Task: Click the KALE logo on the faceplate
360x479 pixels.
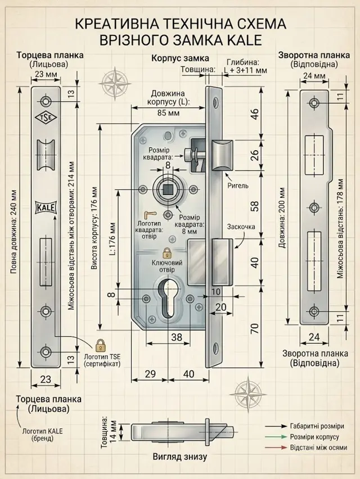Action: click(46, 208)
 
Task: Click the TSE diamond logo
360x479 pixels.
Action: click(46, 118)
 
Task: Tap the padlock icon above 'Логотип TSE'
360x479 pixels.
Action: click(100, 345)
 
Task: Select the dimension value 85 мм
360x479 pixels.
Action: click(168, 113)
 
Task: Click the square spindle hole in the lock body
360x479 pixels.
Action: click(168, 190)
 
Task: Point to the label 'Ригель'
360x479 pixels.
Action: click(238, 185)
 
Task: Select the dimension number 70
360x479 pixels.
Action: click(255, 328)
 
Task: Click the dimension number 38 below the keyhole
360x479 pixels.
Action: click(177, 337)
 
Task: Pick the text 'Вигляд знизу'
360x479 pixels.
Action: click(180, 457)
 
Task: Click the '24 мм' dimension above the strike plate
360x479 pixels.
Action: click(314, 75)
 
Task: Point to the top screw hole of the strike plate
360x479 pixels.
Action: click(314, 103)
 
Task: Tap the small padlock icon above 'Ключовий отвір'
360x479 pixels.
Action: click(166, 253)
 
